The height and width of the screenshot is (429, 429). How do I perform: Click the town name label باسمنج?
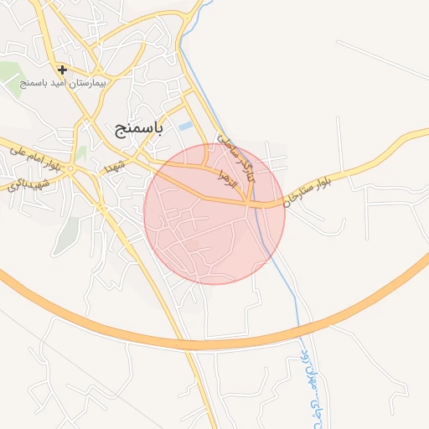tap(139, 128)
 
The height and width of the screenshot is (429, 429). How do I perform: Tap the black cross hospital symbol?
tap(62, 70)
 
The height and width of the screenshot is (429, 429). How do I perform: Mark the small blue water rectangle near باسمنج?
tap(186, 126)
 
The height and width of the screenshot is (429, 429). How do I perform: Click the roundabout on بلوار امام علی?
tap(71, 168)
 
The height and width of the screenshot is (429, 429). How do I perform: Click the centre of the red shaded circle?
tap(214, 214)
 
